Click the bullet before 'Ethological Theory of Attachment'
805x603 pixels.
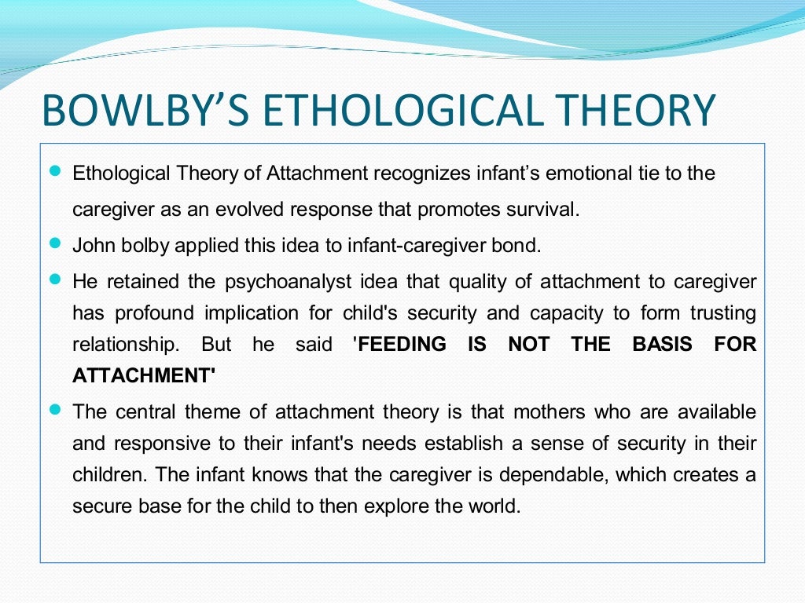pos(54,171)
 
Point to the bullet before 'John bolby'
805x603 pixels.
pos(54,243)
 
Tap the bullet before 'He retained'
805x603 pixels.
pos(54,280)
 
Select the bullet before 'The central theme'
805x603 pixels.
pos(54,410)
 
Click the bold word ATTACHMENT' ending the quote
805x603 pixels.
pos(144,375)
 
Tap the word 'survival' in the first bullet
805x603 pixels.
pos(548,210)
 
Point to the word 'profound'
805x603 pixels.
pos(154,313)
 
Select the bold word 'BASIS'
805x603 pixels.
pos(662,344)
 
